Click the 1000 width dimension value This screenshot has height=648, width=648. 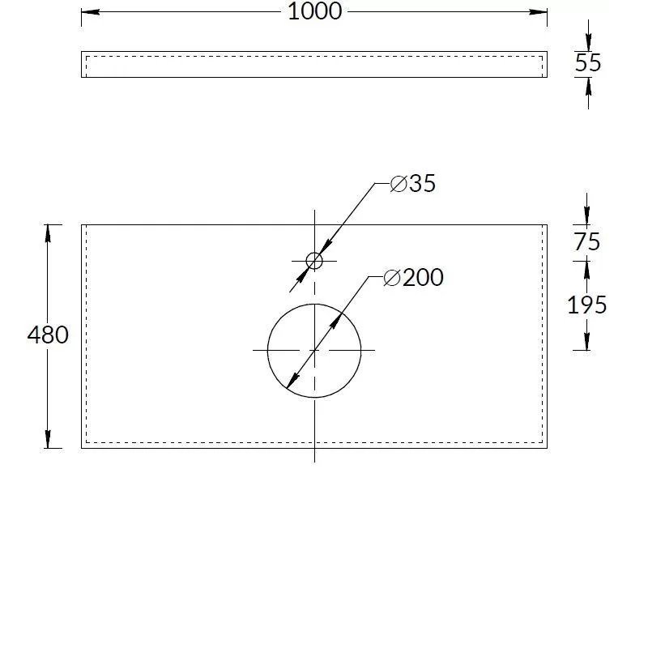click(x=314, y=11)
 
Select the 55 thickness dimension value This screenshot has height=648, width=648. click(x=588, y=63)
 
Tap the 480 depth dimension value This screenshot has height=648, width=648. click(x=48, y=335)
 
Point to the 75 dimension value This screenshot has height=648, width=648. click(x=586, y=241)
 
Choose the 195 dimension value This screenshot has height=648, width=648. click(x=586, y=305)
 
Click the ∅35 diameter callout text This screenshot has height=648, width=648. click(x=413, y=184)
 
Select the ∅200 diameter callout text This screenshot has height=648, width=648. click(x=413, y=277)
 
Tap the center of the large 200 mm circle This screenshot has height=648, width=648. click(x=314, y=351)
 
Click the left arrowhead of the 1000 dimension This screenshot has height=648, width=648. click(x=90, y=11)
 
